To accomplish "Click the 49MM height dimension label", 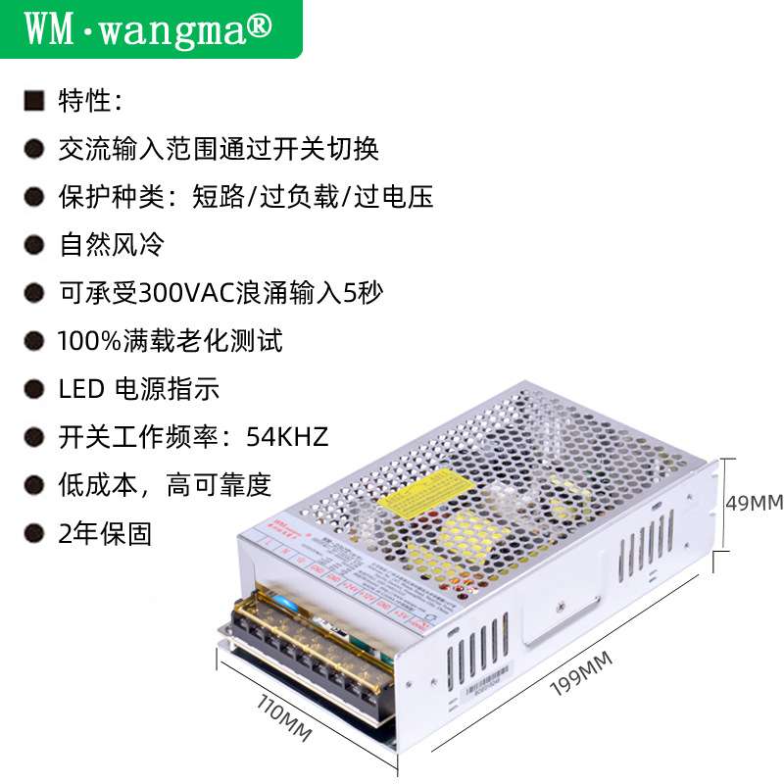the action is coord(753,503).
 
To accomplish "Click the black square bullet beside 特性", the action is coord(34,101).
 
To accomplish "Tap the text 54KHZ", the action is coord(287,436).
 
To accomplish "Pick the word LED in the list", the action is coord(81,389).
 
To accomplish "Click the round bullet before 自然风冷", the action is coord(34,245).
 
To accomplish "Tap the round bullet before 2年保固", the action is coord(34,534).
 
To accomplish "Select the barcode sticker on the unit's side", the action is coord(486,677).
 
